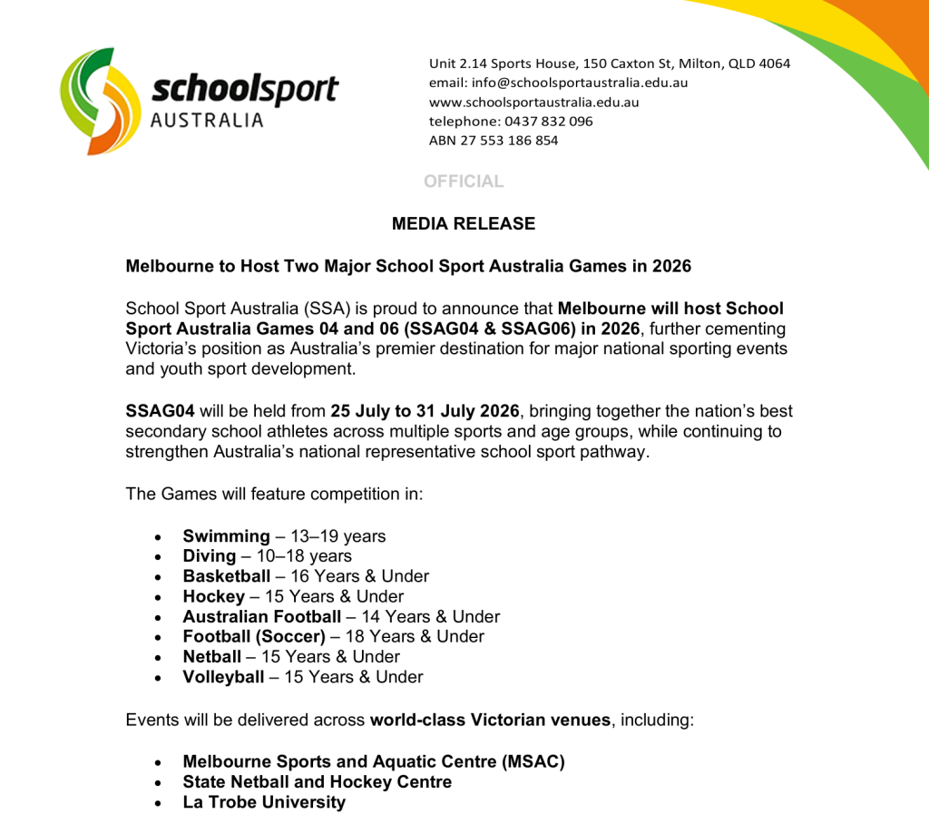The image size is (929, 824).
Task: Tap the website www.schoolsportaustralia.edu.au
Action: [x=533, y=102]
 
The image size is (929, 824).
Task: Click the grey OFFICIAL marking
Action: [x=464, y=181]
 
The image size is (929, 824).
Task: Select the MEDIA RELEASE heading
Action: [x=464, y=223]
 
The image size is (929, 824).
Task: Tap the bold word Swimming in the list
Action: [x=226, y=536]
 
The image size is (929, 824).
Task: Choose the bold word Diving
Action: [x=210, y=556]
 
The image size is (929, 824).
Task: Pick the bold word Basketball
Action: [x=227, y=576]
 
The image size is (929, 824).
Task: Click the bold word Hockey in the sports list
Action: [x=214, y=596]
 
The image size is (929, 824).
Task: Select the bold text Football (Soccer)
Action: [x=254, y=636]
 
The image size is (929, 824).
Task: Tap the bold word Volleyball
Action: [x=223, y=676]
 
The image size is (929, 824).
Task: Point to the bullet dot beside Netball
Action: [x=159, y=657]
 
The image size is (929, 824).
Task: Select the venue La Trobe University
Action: [x=264, y=801]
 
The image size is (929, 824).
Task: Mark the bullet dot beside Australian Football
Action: [x=159, y=617]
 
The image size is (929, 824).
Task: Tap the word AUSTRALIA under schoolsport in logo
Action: [x=207, y=120]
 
